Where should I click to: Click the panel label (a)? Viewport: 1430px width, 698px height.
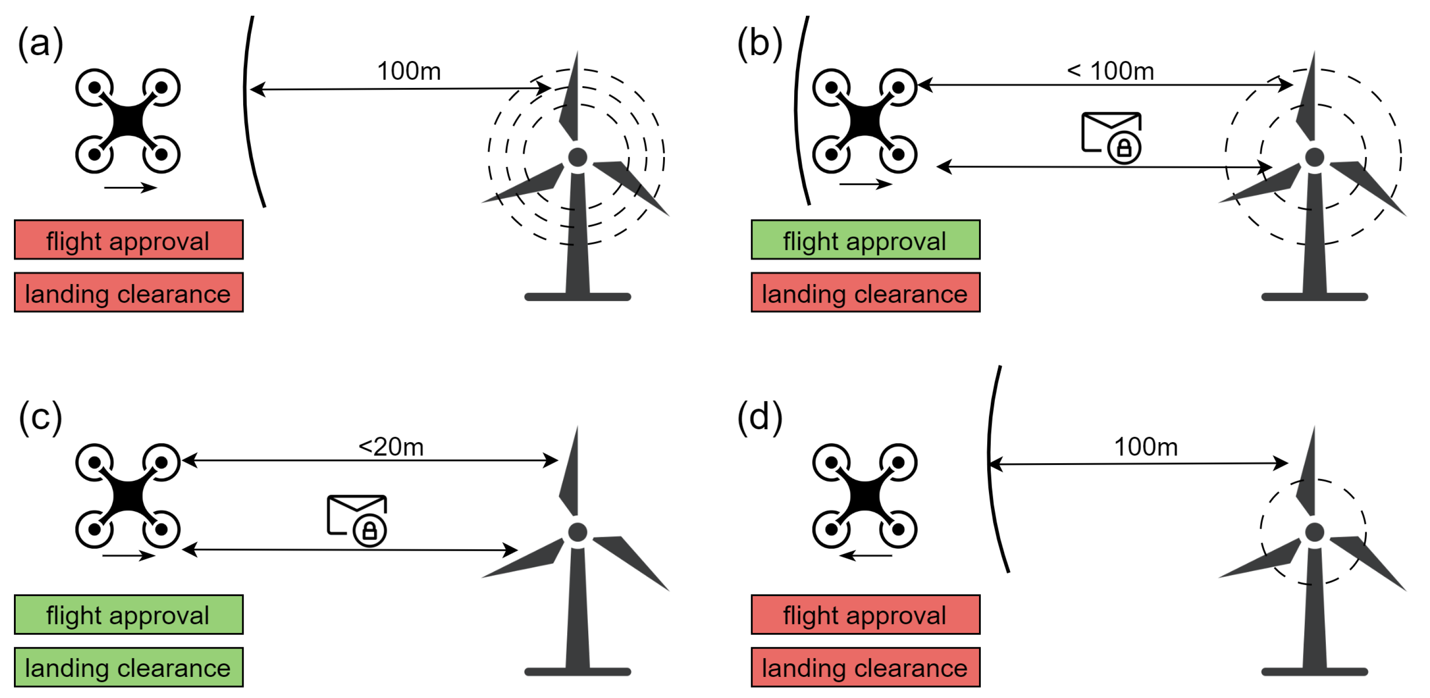click(x=40, y=43)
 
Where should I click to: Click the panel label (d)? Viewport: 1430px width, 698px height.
click(x=759, y=417)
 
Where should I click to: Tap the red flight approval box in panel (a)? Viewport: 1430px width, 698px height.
click(x=128, y=240)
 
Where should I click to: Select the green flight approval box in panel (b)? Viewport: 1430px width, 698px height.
click(x=866, y=240)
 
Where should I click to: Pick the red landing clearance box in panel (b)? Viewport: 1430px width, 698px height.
click(x=866, y=293)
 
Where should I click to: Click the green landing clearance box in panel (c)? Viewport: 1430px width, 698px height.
click(x=128, y=667)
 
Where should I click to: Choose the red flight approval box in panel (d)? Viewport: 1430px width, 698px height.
click(x=866, y=615)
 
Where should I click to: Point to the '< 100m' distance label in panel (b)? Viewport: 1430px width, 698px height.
click(x=1110, y=71)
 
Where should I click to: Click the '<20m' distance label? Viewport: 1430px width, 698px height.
click(x=391, y=447)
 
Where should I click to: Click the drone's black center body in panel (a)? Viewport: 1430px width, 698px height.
click(x=128, y=121)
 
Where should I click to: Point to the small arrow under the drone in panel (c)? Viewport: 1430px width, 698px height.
click(x=129, y=555)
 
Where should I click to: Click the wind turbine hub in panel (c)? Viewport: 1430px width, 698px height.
click(x=578, y=532)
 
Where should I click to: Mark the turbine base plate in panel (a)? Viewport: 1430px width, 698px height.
click(x=578, y=297)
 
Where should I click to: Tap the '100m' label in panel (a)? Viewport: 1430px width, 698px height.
click(x=409, y=71)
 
